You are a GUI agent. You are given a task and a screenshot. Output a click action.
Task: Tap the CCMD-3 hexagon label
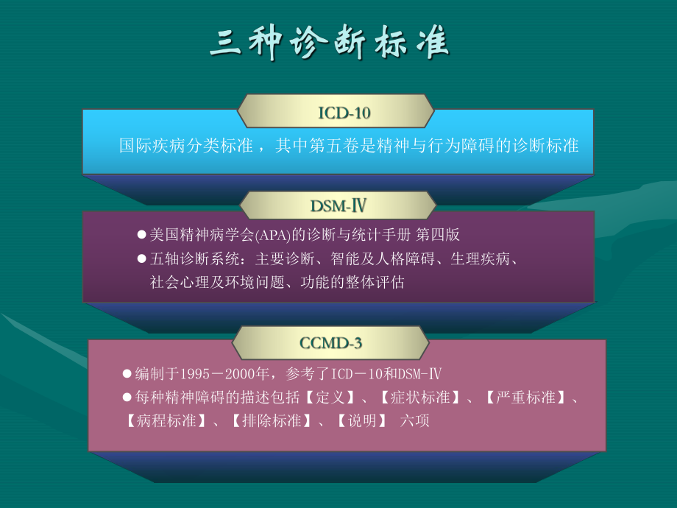[331, 342]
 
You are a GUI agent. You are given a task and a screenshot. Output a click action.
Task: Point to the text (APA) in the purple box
[270, 235]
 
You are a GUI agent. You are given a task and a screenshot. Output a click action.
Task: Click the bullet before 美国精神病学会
[142, 234]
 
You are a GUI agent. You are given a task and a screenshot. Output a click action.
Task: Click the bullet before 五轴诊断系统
[142, 258]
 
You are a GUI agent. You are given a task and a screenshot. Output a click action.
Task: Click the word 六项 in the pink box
[414, 422]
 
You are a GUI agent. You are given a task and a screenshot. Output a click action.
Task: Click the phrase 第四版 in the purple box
[438, 235]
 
